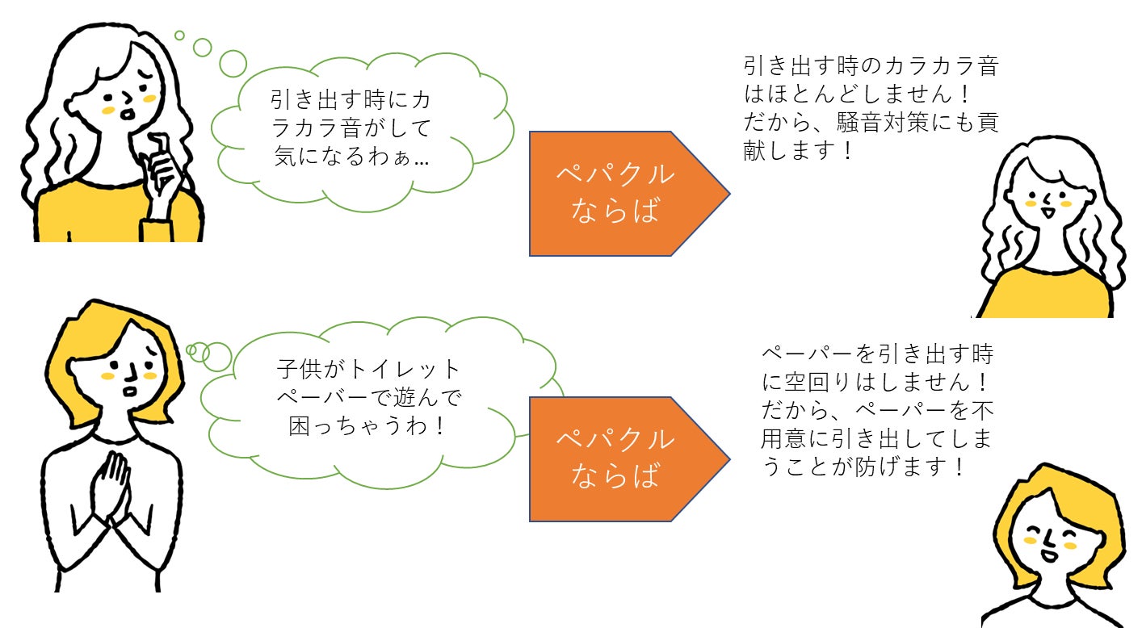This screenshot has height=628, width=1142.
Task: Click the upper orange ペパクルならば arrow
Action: (x=629, y=194)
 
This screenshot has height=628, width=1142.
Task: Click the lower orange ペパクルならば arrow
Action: (x=629, y=459)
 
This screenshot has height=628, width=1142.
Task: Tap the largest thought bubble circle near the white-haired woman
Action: (x=233, y=64)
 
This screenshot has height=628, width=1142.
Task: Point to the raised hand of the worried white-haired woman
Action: (x=162, y=174)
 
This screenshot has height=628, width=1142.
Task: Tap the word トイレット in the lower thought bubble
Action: (x=405, y=369)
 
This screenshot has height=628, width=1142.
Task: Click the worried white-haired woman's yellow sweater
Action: (x=118, y=211)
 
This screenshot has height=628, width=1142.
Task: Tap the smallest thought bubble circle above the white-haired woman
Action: (x=179, y=36)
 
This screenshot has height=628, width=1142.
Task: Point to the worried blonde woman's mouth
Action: (x=131, y=391)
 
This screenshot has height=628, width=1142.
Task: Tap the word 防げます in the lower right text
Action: (x=901, y=467)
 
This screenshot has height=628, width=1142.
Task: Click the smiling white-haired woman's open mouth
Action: (x=1048, y=211)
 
